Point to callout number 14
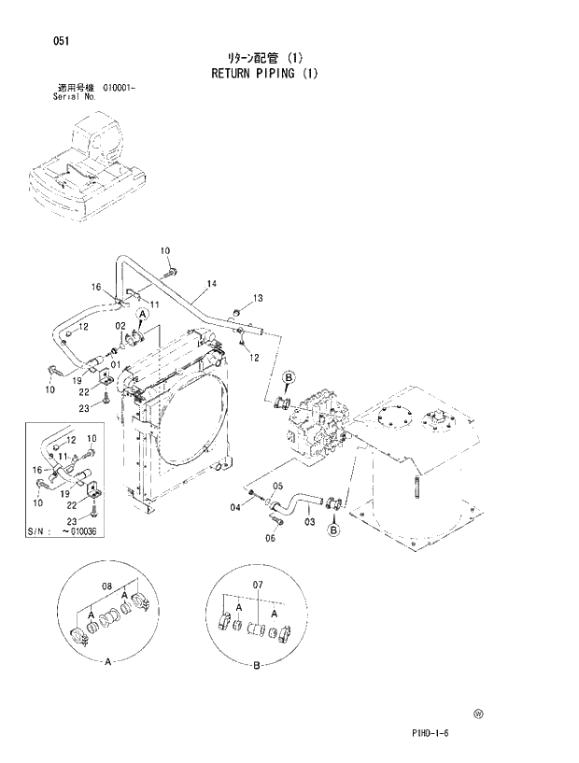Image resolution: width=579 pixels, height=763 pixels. coord(212,283)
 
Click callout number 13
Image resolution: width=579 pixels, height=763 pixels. coord(258,298)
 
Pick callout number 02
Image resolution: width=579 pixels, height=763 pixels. coord(121,325)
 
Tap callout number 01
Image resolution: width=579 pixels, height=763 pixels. coord(116,363)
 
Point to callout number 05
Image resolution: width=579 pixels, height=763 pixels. coord(277,486)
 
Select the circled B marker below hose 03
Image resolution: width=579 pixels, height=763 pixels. coord(333,530)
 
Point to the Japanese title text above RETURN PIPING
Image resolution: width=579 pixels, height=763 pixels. coord(263,57)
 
